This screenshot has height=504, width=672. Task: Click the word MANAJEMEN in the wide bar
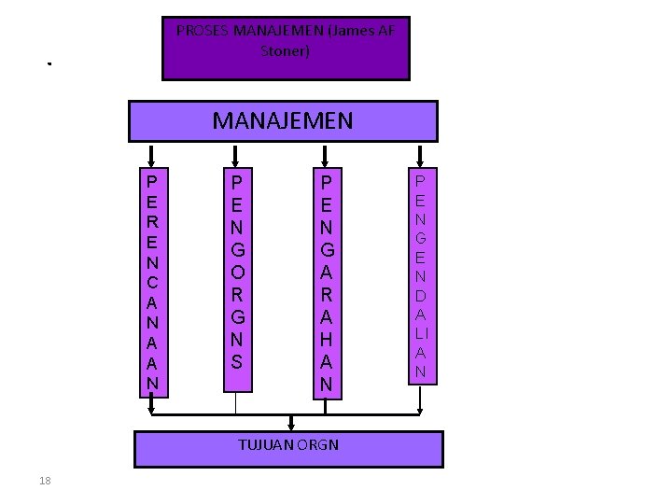(x=283, y=120)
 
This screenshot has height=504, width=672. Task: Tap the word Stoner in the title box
(x=286, y=50)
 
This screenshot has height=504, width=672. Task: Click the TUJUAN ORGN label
(x=288, y=444)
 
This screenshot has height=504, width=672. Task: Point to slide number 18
(x=45, y=481)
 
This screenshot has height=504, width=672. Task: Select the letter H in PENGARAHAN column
(x=326, y=341)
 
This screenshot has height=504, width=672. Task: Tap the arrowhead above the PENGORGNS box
(x=236, y=159)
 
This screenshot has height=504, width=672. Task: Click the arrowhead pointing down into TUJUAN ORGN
(x=292, y=425)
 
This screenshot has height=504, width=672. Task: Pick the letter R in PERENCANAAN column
(x=152, y=221)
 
